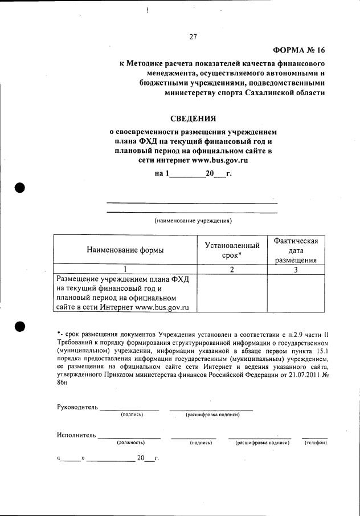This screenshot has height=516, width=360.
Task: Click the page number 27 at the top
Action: point(193,38)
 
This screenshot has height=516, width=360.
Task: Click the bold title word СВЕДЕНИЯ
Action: point(193,119)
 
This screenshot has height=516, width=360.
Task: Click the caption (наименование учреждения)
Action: point(193,220)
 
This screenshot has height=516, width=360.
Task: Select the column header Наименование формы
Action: point(125,250)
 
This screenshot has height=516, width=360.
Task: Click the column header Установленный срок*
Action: point(232,250)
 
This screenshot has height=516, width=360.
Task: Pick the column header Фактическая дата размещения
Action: point(296,250)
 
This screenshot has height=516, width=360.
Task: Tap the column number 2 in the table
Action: point(232,270)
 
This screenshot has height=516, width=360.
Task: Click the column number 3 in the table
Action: point(296,270)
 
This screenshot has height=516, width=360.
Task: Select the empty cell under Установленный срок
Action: point(232,293)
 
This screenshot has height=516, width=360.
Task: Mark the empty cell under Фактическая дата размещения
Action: point(296,293)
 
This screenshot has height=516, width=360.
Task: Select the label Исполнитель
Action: point(76,435)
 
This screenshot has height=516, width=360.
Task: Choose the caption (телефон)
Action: point(314,442)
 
